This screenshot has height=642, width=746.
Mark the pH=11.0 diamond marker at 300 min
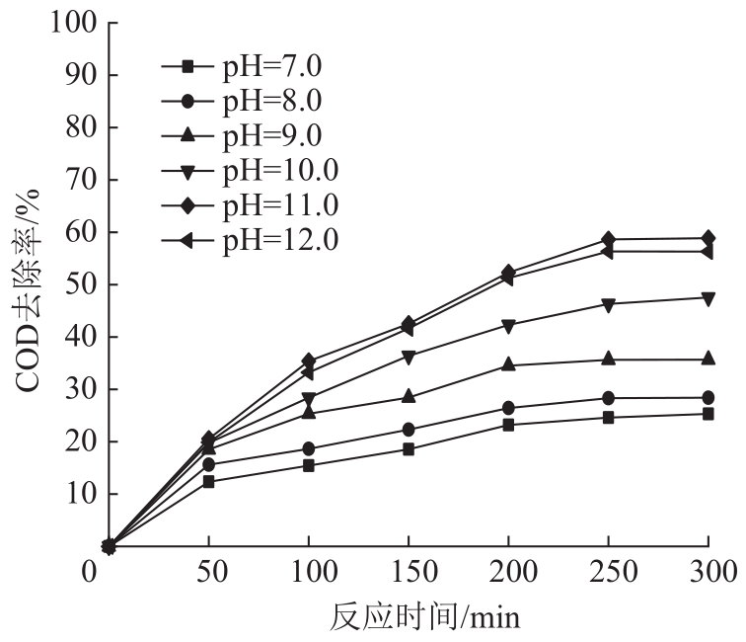click(x=708, y=238)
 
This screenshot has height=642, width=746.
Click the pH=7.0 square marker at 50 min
click(x=208, y=482)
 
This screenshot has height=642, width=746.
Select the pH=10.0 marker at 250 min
click(x=608, y=304)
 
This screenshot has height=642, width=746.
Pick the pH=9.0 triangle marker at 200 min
click(x=508, y=364)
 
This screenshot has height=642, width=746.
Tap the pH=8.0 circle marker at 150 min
click(x=409, y=430)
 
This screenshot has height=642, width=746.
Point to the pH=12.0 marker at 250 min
click(x=608, y=252)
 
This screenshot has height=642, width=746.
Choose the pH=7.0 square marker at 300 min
click(x=708, y=414)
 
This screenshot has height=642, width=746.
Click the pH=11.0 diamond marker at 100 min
click(x=309, y=361)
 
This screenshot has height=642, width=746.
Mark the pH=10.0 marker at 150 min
click(x=409, y=357)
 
